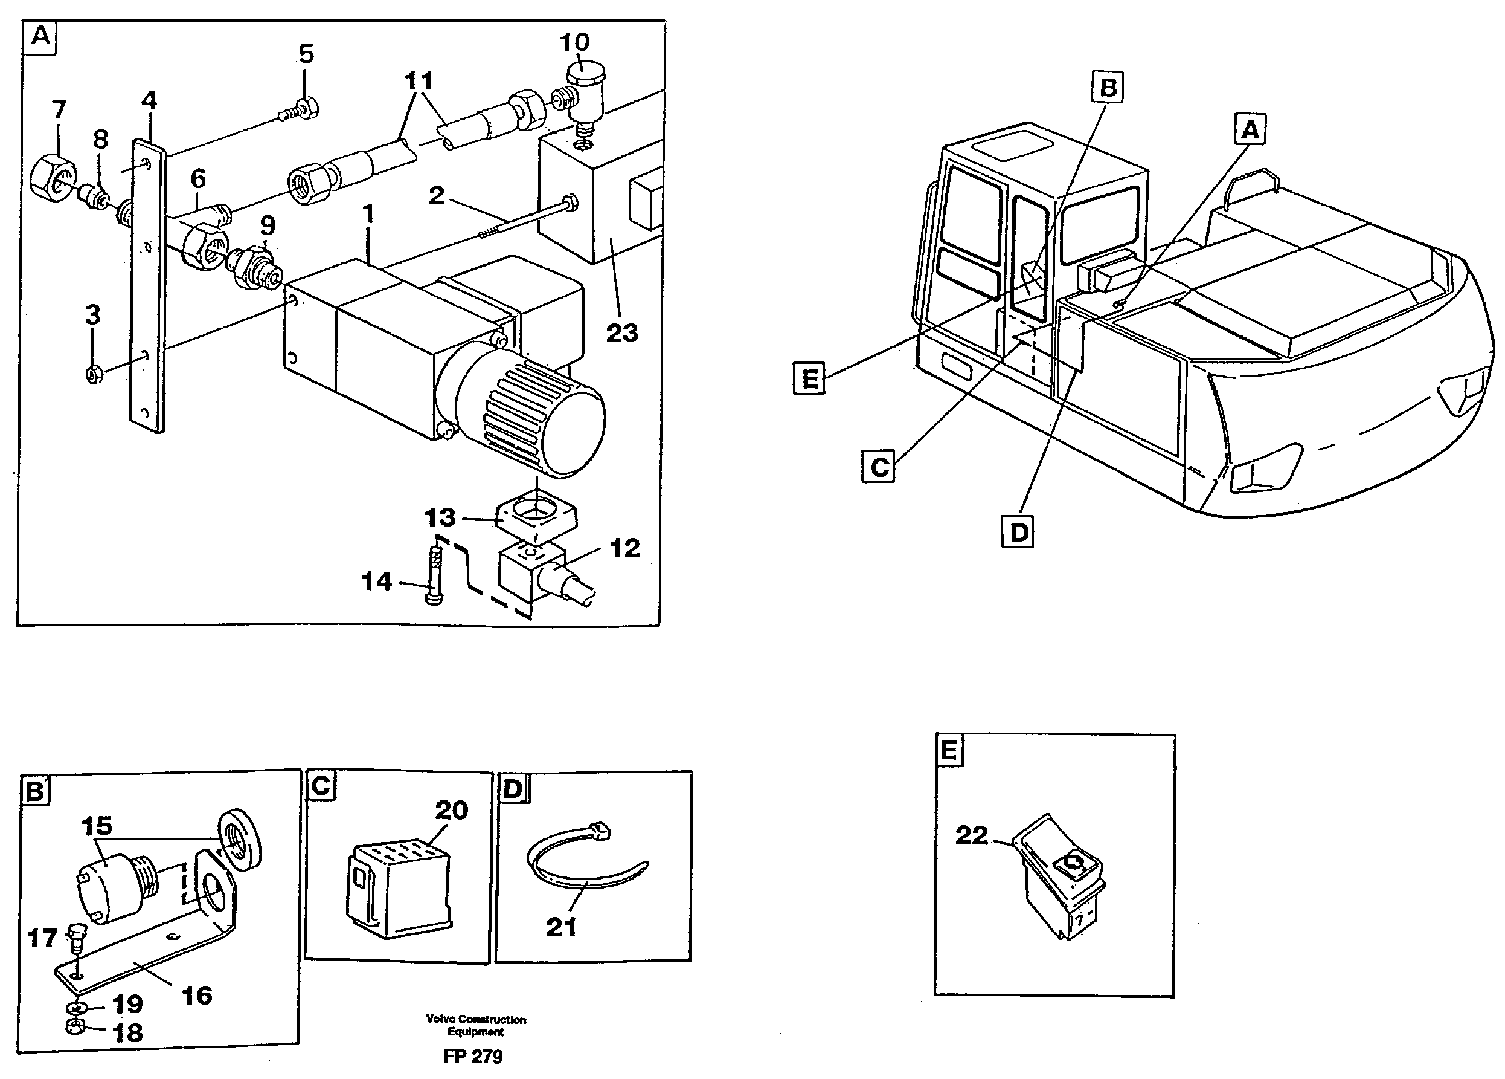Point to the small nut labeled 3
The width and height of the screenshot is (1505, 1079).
click(x=94, y=375)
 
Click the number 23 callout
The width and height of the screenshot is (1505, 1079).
click(x=622, y=332)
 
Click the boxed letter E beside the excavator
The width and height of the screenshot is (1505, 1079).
click(x=809, y=378)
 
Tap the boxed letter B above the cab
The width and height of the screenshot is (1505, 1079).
click(x=1108, y=88)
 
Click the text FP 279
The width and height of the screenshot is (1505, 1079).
click(x=472, y=1057)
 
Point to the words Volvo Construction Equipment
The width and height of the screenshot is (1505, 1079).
click(x=476, y=1025)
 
